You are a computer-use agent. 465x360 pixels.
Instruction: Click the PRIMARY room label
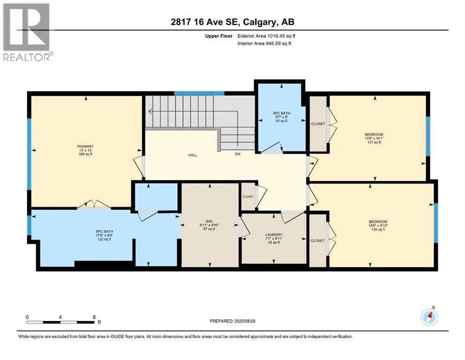85,146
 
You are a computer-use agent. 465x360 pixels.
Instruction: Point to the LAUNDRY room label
273,235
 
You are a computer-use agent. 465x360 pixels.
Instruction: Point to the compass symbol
429,317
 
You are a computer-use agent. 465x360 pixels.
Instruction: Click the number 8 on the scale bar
94,317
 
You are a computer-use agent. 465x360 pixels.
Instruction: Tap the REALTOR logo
27,32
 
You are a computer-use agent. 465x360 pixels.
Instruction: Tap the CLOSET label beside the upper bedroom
318,124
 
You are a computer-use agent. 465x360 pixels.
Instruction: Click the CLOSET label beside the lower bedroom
317,240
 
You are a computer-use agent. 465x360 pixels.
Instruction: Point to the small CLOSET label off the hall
248,196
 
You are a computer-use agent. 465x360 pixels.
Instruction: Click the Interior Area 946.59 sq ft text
265,44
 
